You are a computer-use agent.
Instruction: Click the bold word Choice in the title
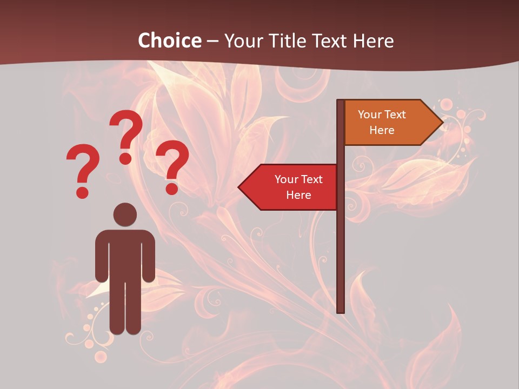[x=169, y=41]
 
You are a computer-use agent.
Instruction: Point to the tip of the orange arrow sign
[x=442, y=123]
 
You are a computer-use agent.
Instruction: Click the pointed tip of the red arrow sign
[x=239, y=187]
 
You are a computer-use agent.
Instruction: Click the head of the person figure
[x=125, y=214]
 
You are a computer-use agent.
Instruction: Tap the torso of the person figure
[x=125, y=254]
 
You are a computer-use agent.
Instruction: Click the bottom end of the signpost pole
[x=341, y=310]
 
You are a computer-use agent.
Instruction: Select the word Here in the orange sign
[x=382, y=130]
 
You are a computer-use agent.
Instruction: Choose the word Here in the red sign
[x=298, y=195]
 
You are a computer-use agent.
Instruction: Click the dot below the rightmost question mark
[x=172, y=189]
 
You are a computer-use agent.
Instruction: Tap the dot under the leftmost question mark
[x=82, y=192]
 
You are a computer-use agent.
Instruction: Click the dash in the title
[x=212, y=41]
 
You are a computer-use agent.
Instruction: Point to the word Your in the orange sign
[x=370, y=115]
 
